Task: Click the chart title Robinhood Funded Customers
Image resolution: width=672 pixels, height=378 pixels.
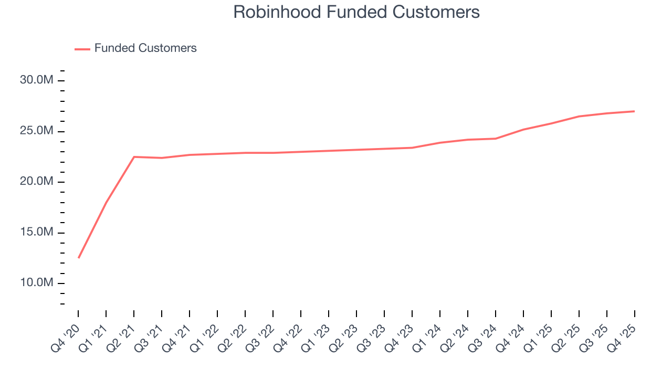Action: pos(356,12)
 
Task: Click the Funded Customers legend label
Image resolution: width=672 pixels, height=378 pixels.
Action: pos(145,48)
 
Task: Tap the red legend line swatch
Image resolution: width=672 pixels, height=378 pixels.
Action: pos(82,49)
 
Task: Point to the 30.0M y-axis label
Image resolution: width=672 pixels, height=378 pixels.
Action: pos(37,80)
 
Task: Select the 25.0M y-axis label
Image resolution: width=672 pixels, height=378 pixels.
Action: pos(37,131)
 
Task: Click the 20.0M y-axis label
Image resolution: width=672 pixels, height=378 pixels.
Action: pos(37,182)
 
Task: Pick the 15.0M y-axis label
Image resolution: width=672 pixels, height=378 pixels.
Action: pos(37,233)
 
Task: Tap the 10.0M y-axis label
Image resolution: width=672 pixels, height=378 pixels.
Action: pos(37,283)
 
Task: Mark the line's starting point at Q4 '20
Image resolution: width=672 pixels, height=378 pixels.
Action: pos(78,258)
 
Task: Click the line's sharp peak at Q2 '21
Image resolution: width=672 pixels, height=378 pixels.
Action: pos(134,156)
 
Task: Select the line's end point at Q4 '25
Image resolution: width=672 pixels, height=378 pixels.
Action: pos(634,111)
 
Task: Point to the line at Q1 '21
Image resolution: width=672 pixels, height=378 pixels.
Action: pos(106,203)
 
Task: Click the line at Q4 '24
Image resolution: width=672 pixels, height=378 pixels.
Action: pos(523,129)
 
